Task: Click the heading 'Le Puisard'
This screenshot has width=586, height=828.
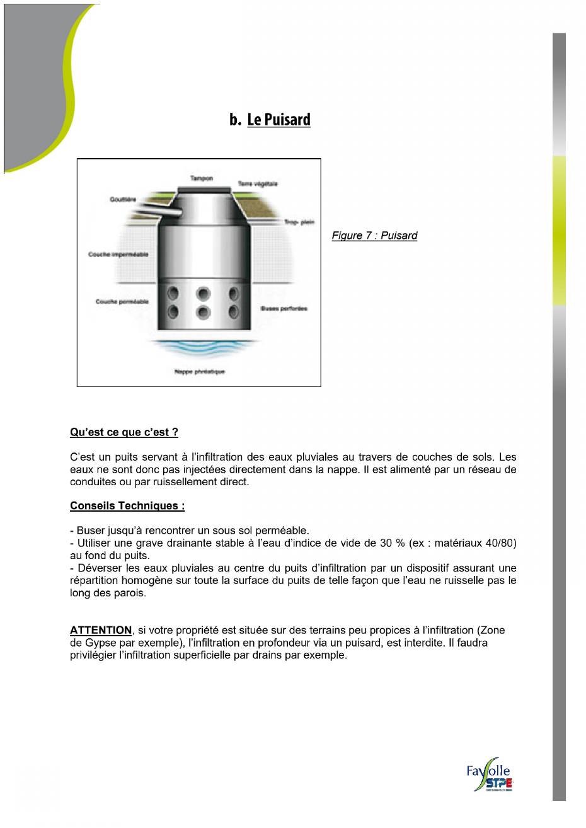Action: pyautogui.click(x=279, y=120)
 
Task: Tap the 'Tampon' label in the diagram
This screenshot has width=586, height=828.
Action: pyautogui.click(x=201, y=178)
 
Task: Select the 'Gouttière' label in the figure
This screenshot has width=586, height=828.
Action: pyautogui.click(x=122, y=199)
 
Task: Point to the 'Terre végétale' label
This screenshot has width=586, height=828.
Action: pyautogui.click(x=257, y=184)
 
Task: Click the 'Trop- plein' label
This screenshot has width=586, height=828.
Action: pyautogui.click(x=299, y=222)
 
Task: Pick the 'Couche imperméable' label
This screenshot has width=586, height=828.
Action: pyautogui.click(x=118, y=255)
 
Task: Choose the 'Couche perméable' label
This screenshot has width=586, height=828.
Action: pyautogui.click(x=122, y=302)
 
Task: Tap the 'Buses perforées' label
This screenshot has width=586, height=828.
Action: pyautogui.click(x=284, y=309)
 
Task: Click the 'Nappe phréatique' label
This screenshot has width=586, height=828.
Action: pyautogui.click(x=199, y=372)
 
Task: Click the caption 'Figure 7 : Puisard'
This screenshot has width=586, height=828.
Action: pyautogui.click(x=374, y=236)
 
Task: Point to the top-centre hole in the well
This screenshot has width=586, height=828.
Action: pyautogui.click(x=203, y=293)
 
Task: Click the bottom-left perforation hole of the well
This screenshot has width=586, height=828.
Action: pyautogui.click(x=173, y=311)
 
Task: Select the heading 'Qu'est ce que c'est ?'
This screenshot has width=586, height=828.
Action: pyautogui.click(x=124, y=432)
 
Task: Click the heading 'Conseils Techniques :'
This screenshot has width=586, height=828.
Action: pyautogui.click(x=127, y=506)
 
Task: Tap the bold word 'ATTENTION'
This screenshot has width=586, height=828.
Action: pyautogui.click(x=101, y=630)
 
